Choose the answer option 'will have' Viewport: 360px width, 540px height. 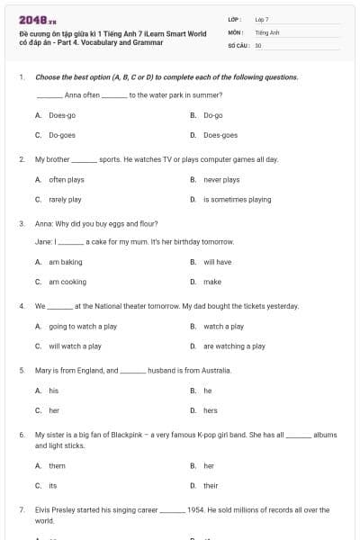point(217,262)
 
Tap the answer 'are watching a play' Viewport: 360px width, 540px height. point(234,346)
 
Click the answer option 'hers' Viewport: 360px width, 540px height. point(210,410)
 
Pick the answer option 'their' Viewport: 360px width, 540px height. point(211,485)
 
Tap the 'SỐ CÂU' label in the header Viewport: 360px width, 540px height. point(239,44)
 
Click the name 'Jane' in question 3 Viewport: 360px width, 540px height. point(42,242)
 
